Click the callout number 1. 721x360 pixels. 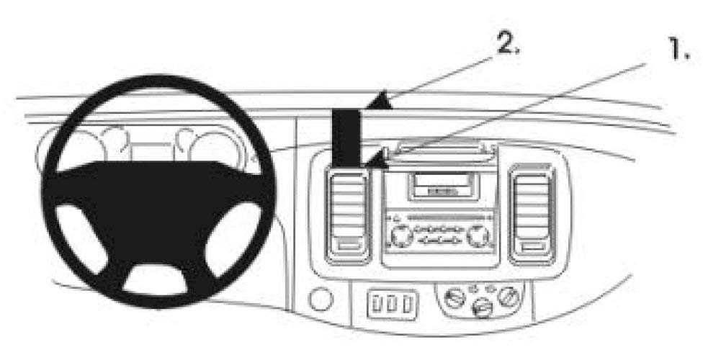[679, 50]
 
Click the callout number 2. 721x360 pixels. [507, 44]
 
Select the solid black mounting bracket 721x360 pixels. [346, 138]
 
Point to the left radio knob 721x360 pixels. [401, 236]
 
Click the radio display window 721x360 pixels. [441, 184]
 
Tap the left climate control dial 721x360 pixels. [455, 297]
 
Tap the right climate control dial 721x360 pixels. [508, 294]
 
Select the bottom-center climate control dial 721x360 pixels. [481, 307]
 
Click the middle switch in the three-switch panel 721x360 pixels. [393, 304]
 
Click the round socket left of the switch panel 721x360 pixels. [321, 300]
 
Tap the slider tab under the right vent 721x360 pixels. [532, 248]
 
